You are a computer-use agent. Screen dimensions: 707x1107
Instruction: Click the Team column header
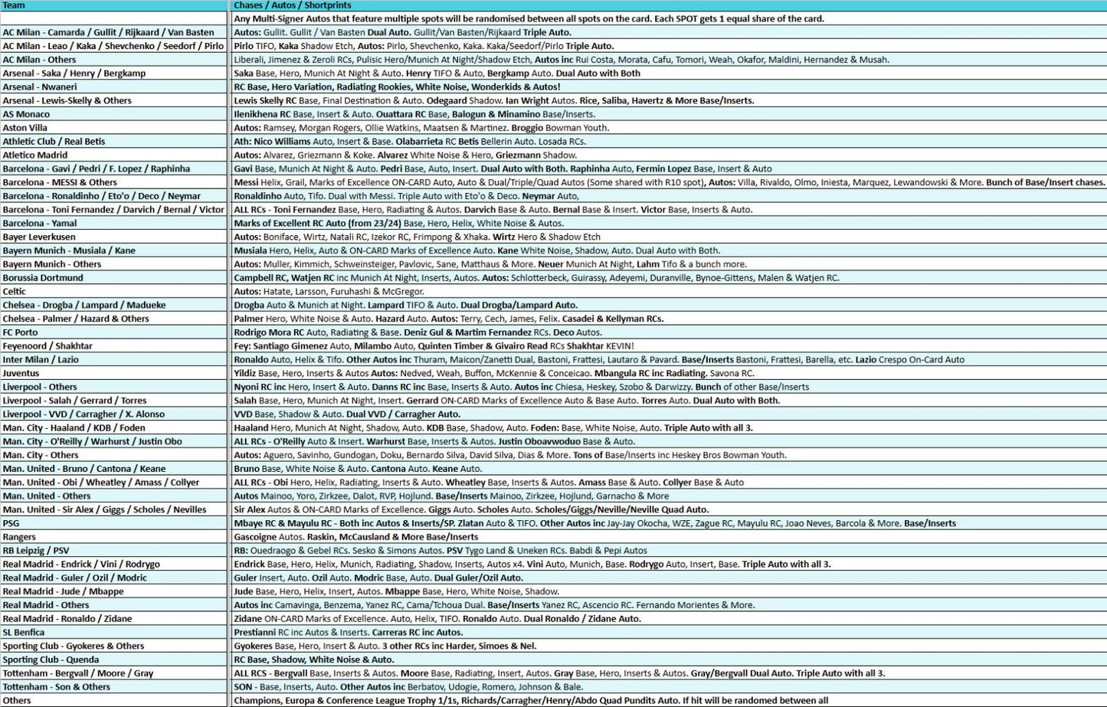coord(14,5)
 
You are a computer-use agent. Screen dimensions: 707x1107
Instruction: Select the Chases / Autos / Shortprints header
coord(293,5)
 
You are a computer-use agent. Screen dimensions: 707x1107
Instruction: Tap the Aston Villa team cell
coord(25,128)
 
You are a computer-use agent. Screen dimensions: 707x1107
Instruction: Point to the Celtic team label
coord(14,291)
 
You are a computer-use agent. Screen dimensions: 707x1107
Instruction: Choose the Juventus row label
coord(21,373)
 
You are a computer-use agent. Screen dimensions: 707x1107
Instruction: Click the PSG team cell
coord(11,523)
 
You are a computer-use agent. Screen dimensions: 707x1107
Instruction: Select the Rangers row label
coord(19,537)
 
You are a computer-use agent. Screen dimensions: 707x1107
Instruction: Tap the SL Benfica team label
coord(24,632)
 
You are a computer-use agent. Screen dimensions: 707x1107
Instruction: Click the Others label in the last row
coord(17,700)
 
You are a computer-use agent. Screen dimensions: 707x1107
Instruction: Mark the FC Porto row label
coord(20,332)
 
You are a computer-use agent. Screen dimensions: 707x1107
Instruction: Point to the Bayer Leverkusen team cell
coord(39,237)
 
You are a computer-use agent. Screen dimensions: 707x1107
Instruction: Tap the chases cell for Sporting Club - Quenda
coord(313,660)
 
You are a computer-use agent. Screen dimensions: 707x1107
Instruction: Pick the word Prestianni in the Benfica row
coord(255,632)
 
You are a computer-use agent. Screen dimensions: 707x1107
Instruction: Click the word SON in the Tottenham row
coord(243,687)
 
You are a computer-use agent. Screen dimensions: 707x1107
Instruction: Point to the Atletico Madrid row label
coord(35,155)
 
